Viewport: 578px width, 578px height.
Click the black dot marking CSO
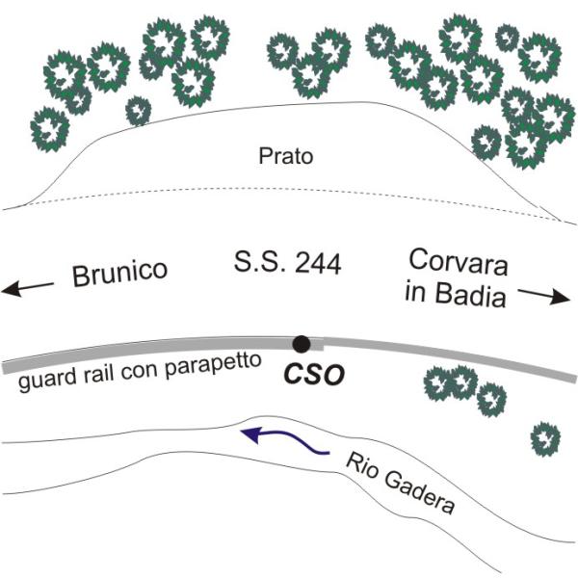point(302,344)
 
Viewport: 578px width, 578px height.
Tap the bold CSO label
point(314,374)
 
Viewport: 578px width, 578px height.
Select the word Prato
point(286,156)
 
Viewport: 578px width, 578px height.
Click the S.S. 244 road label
point(287,263)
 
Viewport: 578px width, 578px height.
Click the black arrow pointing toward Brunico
point(28,288)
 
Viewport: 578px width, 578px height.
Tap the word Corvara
point(459,262)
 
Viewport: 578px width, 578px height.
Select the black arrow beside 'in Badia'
point(544,296)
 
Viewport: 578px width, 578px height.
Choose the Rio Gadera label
point(400,483)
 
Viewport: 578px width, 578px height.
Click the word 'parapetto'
point(213,366)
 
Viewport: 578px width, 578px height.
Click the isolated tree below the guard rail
point(545,439)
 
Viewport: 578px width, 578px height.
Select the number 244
point(318,264)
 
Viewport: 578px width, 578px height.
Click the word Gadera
point(419,492)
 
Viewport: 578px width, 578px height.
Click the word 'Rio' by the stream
point(361,465)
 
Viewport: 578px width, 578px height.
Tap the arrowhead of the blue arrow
point(250,434)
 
